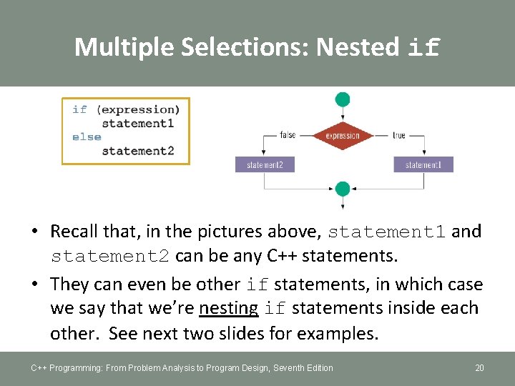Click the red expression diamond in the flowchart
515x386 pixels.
click(x=343, y=136)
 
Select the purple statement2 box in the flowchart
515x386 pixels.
click(x=265, y=165)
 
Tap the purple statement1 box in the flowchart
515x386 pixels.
click(x=423, y=165)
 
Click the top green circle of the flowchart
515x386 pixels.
click(x=343, y=99)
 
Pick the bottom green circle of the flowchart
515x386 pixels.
click(x=343, y=189)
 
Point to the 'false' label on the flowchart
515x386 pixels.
click(x=288, y=135)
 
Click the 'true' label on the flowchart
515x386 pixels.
click(x=398, y=135)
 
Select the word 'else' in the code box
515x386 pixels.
click(x=87, y=137)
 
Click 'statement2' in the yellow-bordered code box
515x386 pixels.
click(x=138, y=151)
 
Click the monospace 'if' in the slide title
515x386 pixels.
click(x=423, y=48)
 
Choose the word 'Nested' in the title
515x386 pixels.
click(x=358, y=47)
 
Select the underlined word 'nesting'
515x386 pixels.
click(x=229, y=308)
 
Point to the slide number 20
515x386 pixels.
click(x=479, y=368)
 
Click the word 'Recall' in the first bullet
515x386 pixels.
click(x=74, y=231)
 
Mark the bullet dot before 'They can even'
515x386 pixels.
click(x=34, y=284)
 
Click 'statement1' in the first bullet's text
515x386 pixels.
click(x=386, y=232)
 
